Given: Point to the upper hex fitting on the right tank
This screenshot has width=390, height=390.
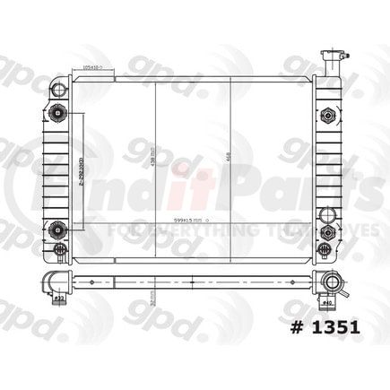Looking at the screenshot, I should [327, 115].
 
